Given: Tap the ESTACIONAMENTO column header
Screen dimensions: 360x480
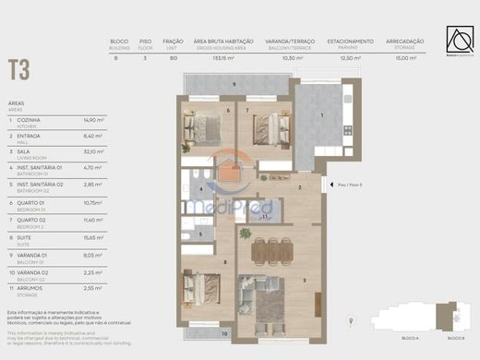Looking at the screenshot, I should [349, 41].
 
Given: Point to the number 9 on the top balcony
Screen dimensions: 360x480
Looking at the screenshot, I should [234, 85].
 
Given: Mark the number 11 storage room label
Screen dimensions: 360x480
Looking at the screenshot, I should [265, 217].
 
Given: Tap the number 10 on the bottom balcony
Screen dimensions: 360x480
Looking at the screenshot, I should [224, 334].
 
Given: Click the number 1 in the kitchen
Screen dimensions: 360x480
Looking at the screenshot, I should [321, 114].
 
